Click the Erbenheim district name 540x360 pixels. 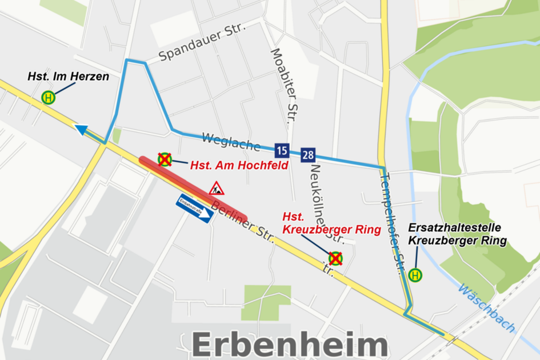coord(289,345)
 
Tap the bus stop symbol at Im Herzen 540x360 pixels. coord(49,98)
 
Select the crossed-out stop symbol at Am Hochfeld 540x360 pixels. coord(165,159)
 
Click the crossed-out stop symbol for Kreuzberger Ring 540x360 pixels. coord(335,259)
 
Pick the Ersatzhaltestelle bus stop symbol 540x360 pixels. coord(416,275)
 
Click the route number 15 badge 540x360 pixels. coord(281,151)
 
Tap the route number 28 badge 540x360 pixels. coord(308,154)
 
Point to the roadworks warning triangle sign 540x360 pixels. coord(216,188)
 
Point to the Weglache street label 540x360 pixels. coord(231,142)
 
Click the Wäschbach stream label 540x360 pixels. coord(486,309)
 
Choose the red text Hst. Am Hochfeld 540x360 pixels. coord(239,165)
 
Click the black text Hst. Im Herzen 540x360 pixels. coord(69,77)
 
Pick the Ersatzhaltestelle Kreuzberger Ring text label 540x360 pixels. coord(457,234)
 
